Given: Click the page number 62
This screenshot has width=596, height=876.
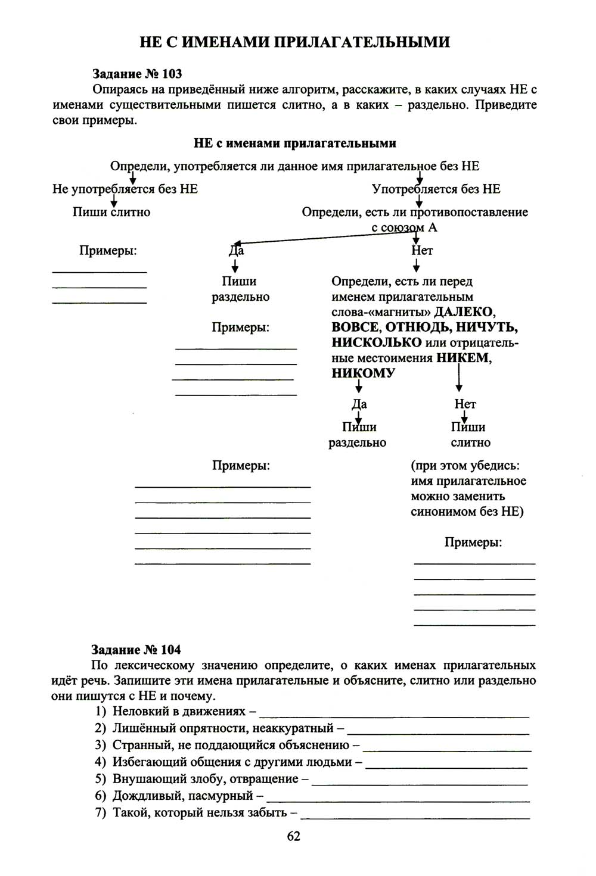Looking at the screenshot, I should pos(294,836).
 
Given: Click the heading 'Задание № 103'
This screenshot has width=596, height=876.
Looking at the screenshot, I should pos(137,74).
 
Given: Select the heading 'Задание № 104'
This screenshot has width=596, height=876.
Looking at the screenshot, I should pos(136,649).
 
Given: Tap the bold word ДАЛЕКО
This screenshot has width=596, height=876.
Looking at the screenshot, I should pos(464,311).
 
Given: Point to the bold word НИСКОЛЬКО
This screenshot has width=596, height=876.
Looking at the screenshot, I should pos(377,342).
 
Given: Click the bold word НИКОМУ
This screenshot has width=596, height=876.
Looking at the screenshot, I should pos(364,373).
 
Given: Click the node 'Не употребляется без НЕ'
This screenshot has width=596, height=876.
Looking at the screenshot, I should pos(125,189).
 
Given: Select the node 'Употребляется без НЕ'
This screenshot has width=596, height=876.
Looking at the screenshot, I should pos(436,189).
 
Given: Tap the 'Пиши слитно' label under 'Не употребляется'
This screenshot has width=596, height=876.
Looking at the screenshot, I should pos(111,212).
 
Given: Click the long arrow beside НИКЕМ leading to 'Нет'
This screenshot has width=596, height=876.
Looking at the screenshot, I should pos(459,377).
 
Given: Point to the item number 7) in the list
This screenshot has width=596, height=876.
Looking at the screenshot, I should pos(101,812).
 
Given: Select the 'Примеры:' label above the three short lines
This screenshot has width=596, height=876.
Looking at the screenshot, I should pos(108,250).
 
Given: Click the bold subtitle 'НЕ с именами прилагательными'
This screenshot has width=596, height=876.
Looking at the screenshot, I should pos(295,143).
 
